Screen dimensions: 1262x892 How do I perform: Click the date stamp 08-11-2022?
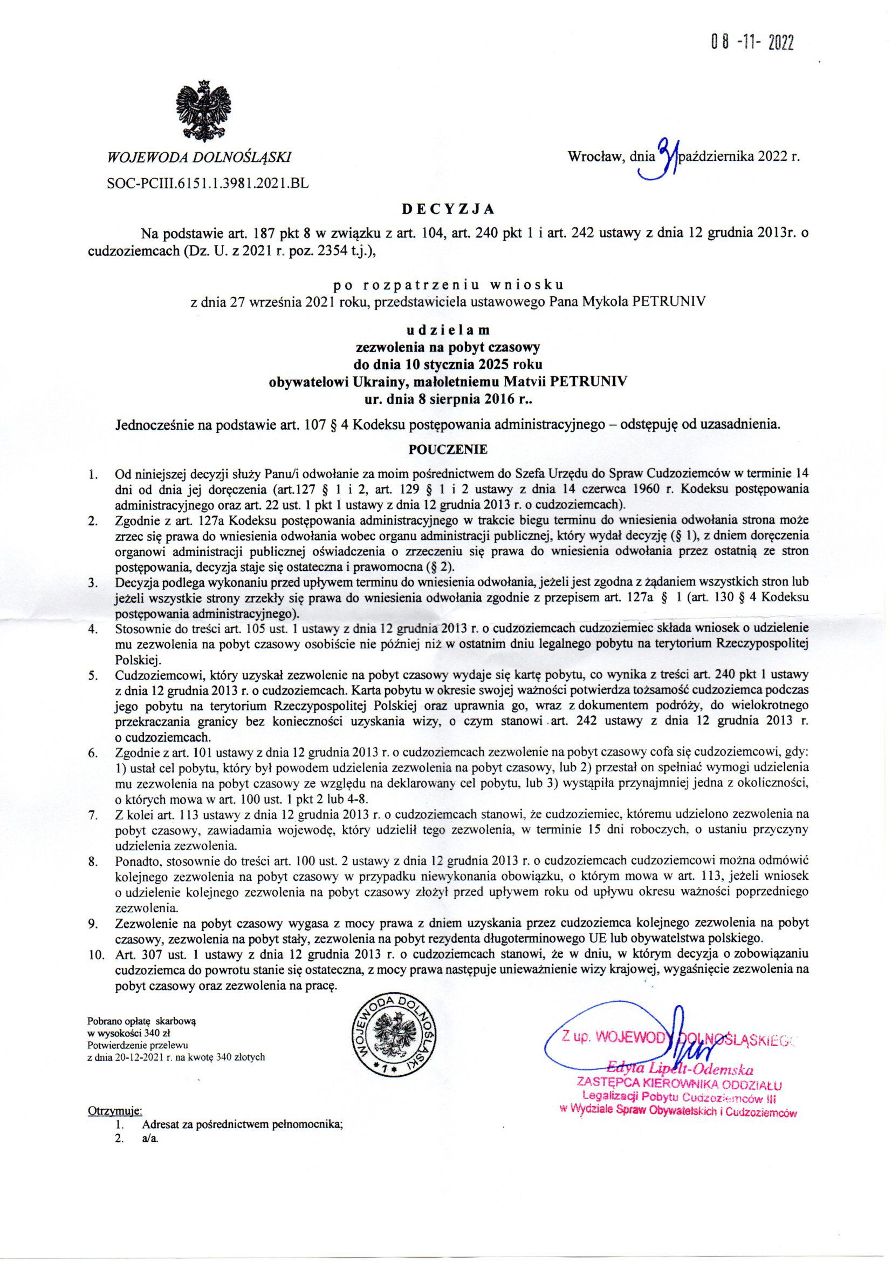coord(752,42)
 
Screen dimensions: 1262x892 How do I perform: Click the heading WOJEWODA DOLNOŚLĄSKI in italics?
coord(200,158)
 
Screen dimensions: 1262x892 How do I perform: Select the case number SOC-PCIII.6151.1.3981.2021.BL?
coord(208,184)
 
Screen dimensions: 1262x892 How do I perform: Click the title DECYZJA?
coord(445,209)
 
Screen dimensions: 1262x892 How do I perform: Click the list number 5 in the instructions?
coord(93,674)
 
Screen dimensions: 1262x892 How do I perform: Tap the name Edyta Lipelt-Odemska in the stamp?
coord(679,1070)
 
